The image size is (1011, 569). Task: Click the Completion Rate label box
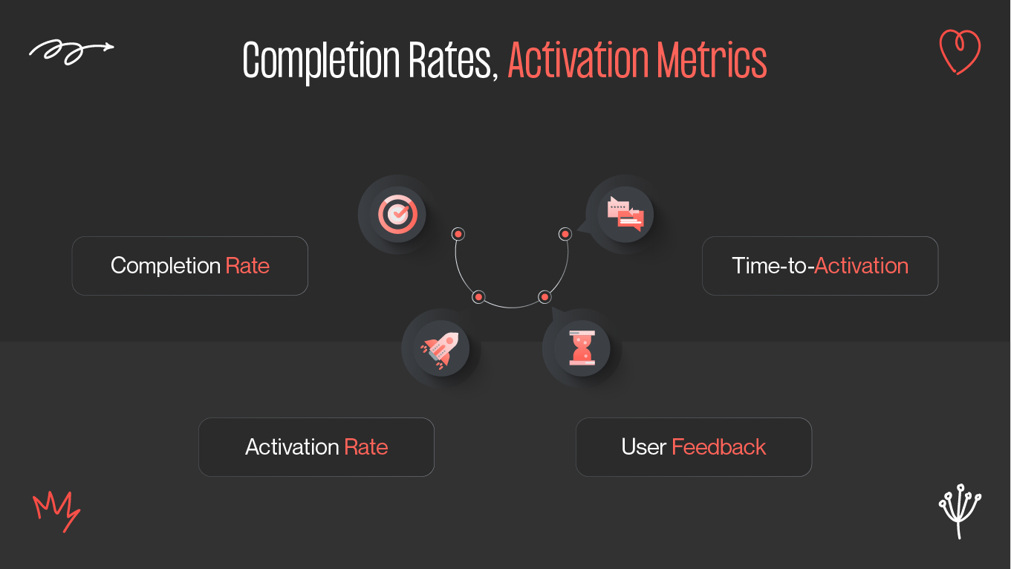click(189, 266)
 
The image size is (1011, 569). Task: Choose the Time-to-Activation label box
click(819, 266)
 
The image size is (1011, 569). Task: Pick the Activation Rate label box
click(316, 447)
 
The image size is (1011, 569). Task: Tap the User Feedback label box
click(693, 447)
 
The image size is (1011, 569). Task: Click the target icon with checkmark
click(397, 215)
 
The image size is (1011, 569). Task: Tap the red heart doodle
click(959, 51)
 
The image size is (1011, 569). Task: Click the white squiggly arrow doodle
click(71, 51)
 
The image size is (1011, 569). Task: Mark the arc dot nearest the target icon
click(458, 234)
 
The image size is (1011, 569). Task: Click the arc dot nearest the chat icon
click(565, 234)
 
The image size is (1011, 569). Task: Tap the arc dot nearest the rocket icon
click(478, 297)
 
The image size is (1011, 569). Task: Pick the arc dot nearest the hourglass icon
click(544, 297)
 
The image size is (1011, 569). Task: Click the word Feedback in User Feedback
click(718, 447)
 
